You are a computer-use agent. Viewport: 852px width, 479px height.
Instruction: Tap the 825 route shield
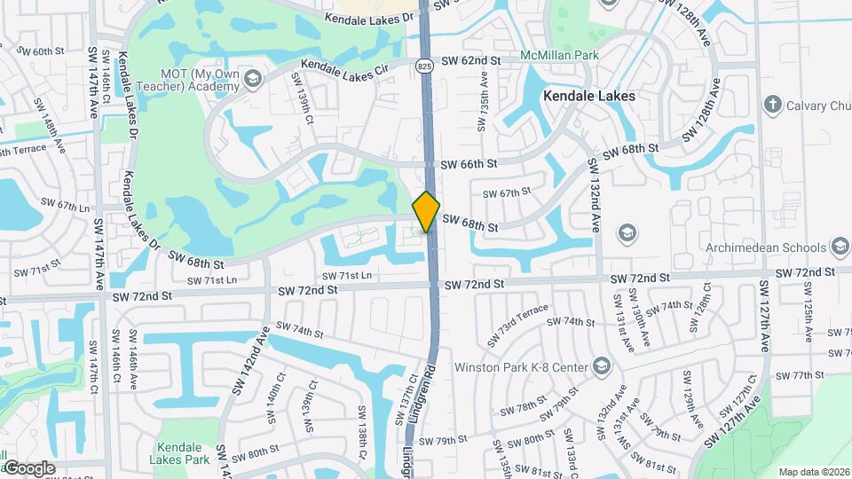(x=425, y=65)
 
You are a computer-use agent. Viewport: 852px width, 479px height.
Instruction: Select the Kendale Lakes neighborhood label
(x=590, y=96)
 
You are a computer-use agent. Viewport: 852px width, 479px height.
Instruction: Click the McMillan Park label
(x=560, y=55)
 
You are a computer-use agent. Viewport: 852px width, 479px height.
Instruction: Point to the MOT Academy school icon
(x=252, y=80)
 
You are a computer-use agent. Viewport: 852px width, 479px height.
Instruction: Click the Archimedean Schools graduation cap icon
(x=840, y=247)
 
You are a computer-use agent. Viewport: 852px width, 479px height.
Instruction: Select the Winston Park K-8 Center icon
(x=603, y=366)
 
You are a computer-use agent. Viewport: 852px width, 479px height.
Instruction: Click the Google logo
(x=28, y=467)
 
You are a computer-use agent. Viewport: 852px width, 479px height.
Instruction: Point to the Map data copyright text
(x=814, y=472)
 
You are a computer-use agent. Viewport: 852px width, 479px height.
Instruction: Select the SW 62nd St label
(x=471, y=61)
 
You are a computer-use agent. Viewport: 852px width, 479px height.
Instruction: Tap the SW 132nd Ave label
(x=595, y=195)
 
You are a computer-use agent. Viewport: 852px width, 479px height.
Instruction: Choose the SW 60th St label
(x=42, y=51)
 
